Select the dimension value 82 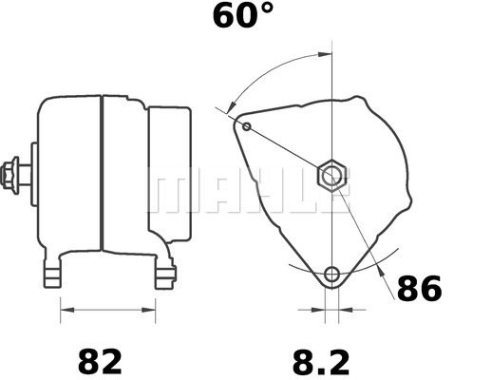pyautogui.click(x=100, y=362)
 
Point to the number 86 pyautogui.click(x=419, y=289)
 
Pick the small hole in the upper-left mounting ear pyautogui.click(x=247, y=126)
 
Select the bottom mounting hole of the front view pyautogui.click(x=331, y=275)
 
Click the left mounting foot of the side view pyautogui.click(x=56, y=275)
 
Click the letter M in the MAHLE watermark pyautogui.click(x=172, y=193)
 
